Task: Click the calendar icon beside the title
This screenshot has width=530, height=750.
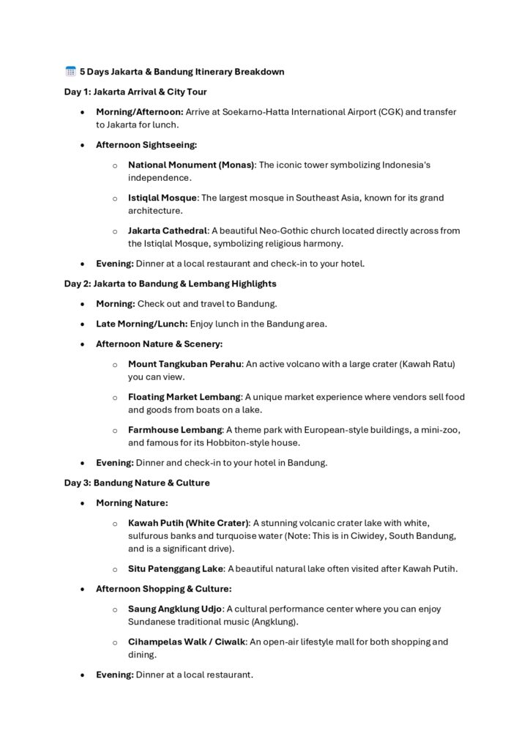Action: (70, 72)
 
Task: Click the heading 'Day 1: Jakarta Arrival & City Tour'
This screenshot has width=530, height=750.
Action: (135, 92)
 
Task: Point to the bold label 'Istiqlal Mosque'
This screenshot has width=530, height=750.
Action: (163, 198)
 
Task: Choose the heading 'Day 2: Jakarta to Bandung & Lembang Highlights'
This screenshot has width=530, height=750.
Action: (170, 283)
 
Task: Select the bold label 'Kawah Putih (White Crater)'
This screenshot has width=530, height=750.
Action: (188, 523)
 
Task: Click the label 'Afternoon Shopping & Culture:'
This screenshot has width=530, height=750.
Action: (164, 589)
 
